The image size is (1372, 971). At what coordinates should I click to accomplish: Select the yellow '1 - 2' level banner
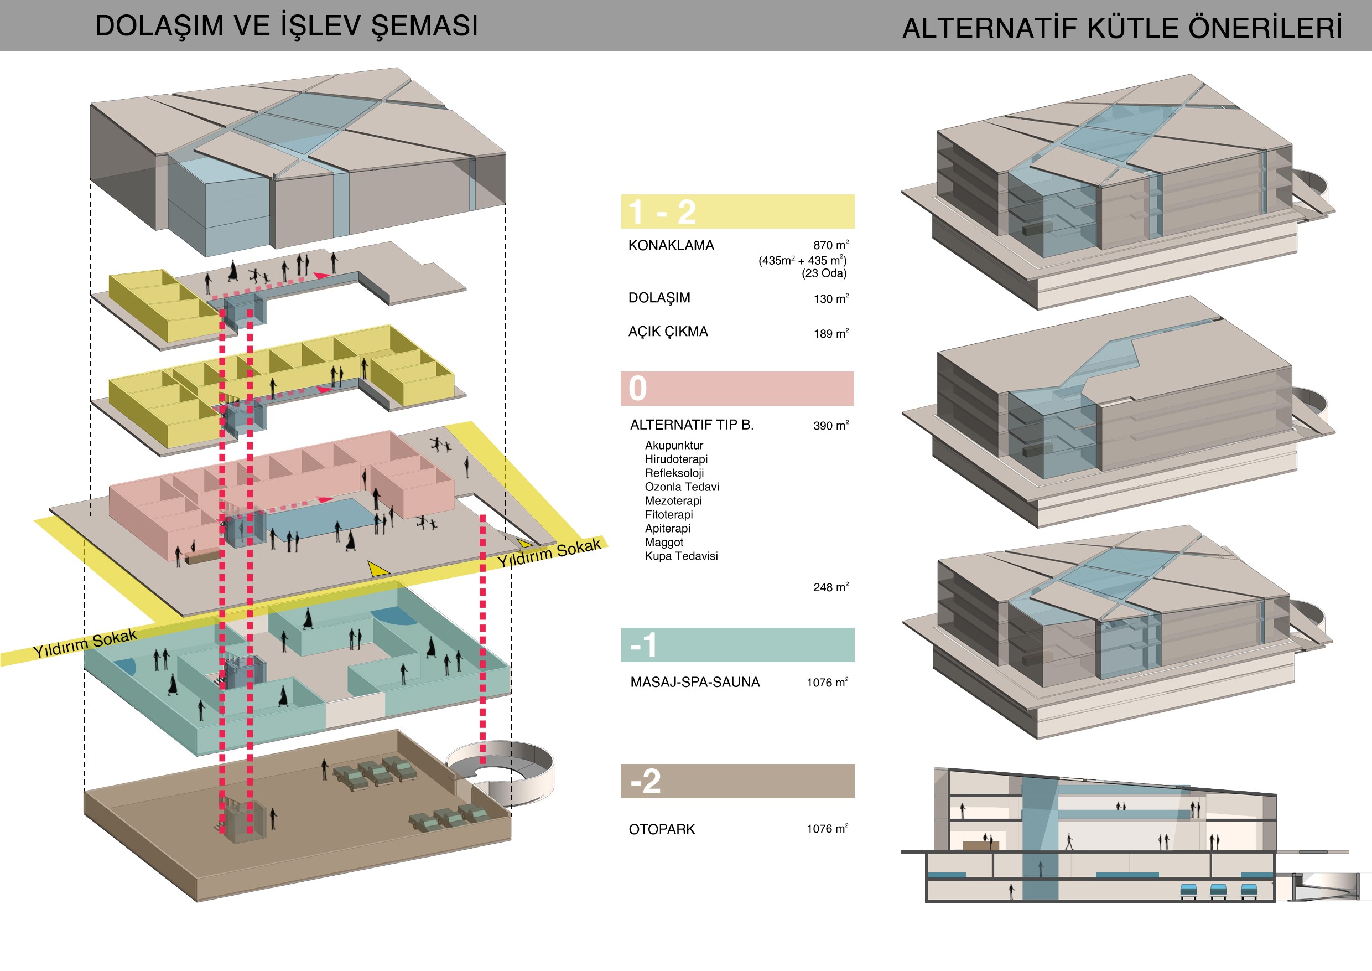(737, 211)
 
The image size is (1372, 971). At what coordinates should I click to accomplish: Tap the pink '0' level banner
(737, 388)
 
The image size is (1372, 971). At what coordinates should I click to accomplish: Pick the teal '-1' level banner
(737, 644)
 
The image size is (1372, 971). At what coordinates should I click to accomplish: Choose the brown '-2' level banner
(737, 781)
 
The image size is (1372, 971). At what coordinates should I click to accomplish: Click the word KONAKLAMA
(671, 245)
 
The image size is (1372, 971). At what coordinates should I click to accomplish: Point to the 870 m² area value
(830, 245)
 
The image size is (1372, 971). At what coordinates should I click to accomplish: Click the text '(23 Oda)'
(824, 273)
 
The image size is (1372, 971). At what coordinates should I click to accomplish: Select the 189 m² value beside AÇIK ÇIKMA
(830, 333)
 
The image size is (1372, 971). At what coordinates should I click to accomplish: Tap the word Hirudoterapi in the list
(676, 459)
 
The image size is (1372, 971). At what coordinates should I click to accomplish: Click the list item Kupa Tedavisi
(681, 556)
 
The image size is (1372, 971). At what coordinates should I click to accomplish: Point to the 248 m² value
(830, 587)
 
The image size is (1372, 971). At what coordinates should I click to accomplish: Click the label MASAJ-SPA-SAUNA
(695, 682)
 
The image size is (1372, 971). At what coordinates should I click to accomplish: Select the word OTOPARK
(662, 829)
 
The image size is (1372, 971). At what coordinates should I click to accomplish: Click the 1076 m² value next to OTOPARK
(827, 828)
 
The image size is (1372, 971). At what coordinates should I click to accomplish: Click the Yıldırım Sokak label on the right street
(549, 553)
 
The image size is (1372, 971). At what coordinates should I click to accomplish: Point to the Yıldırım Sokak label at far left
(85, 643)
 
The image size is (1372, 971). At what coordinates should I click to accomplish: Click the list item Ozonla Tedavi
(682, 487)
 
